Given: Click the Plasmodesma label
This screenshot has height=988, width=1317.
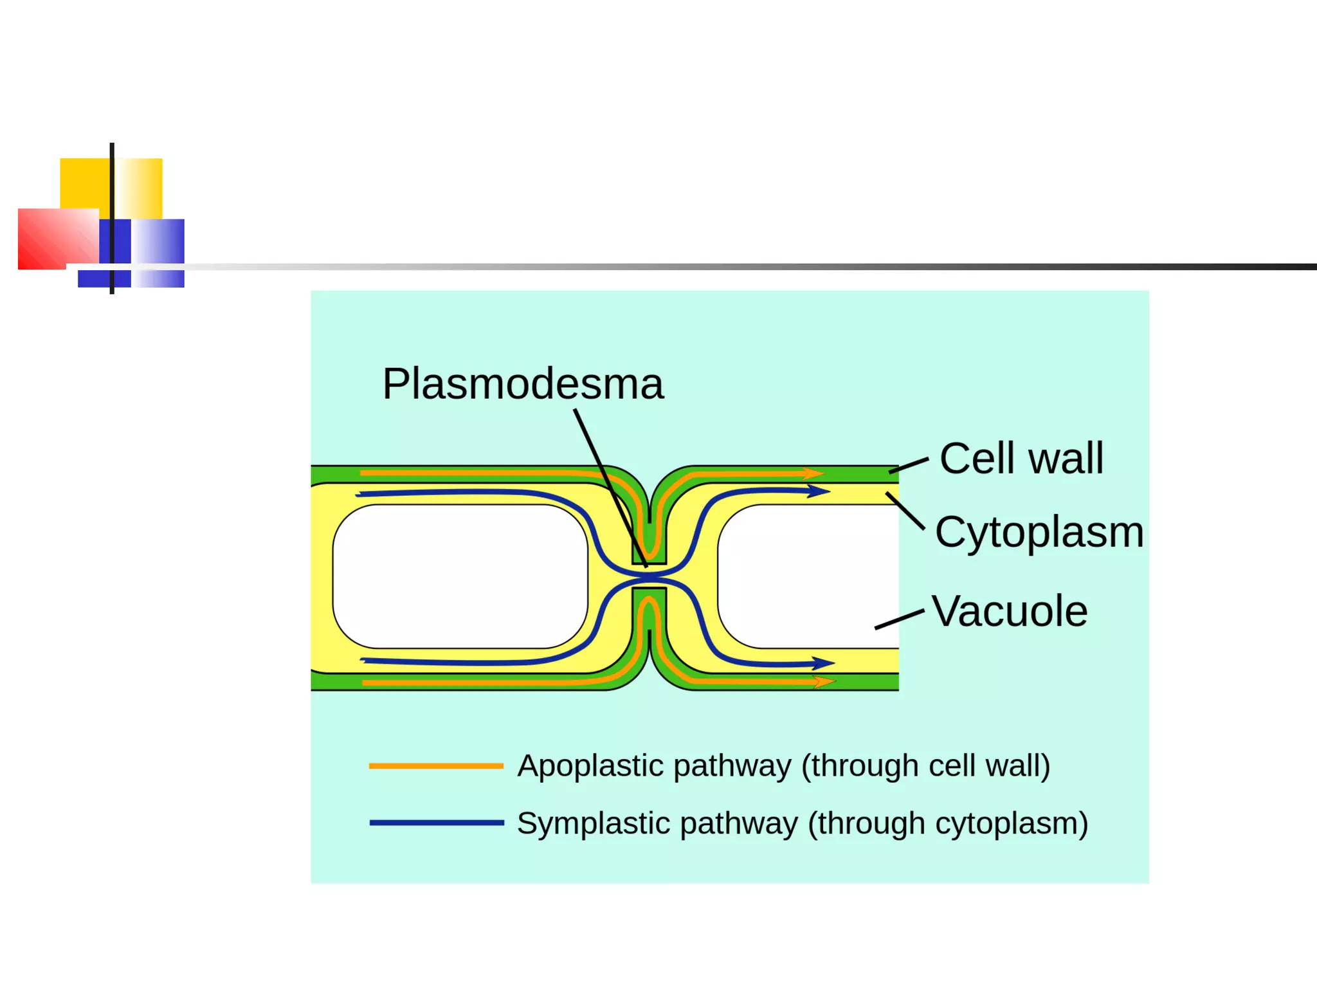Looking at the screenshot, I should (522, 384).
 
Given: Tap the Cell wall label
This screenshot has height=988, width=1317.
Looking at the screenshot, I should (1021, 459).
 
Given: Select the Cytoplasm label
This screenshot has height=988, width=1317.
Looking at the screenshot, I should (1039, 533).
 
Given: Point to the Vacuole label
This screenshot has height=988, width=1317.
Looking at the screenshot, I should (1010, 611).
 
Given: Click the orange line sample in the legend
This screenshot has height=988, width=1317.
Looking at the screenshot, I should (436, 766).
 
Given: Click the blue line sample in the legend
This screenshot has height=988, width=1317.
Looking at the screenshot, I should (436, 823).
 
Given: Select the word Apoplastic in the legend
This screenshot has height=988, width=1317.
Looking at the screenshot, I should (590, 766).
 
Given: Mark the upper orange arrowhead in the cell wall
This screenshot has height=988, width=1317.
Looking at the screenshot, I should (813, 474).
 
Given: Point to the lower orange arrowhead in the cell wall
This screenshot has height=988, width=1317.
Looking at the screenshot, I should (824, 681).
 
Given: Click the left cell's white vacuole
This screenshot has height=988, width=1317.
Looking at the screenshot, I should (460, 576).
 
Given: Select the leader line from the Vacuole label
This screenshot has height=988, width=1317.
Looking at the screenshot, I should (899, 619).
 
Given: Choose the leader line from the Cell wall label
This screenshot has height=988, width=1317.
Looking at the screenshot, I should (909, 466).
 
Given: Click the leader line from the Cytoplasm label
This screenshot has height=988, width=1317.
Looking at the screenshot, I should (905, 511).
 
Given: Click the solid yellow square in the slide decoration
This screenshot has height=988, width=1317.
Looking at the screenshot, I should (84, 183).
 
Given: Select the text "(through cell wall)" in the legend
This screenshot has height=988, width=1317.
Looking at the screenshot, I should (925, 766).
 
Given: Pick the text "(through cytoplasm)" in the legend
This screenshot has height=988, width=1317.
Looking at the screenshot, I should (947, 824).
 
